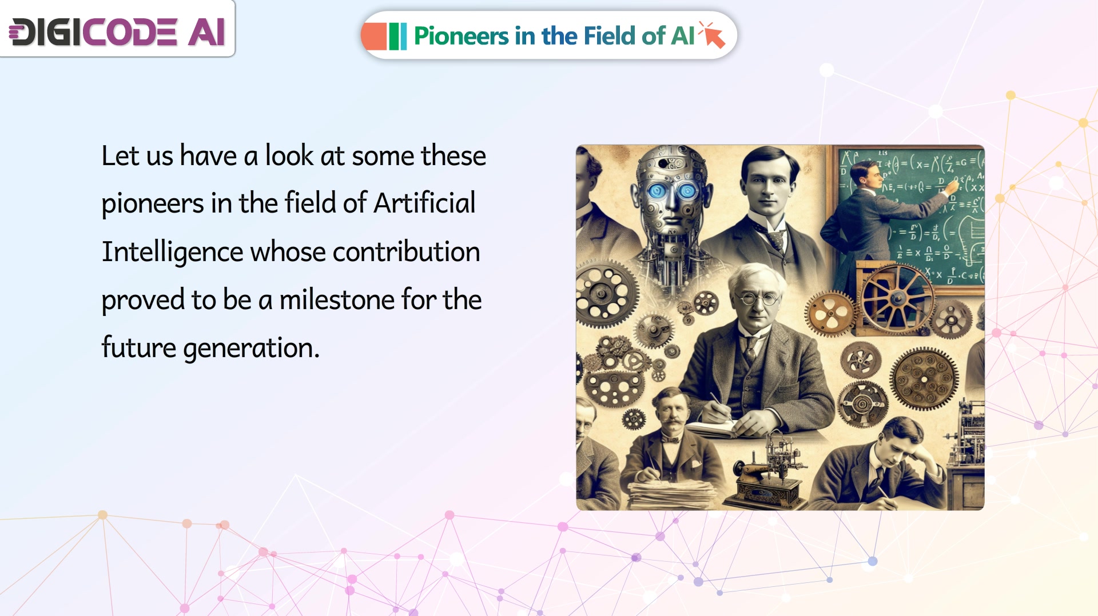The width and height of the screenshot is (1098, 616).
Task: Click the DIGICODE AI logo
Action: pyautogui.click(x=117, y=31)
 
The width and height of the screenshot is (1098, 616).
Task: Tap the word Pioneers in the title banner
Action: pyautogui.click(x=461, y=36)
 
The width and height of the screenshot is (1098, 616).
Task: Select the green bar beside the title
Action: pyautogui.click(x=393, y=36)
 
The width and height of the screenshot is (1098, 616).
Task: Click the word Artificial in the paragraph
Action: pyautogui.click(x=424, y=203)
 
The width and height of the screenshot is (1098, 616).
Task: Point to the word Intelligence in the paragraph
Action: pyautogui.click(x=172, y=253)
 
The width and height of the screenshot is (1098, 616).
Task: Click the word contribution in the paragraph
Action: pyautogui.click(x=406, y=251)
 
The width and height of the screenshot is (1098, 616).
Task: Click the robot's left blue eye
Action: pyautogui.click(x=656, y=190)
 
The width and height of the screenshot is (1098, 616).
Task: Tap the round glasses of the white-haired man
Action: pyautogui.click(x=758, y=298)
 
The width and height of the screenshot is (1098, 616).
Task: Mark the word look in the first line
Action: pyautogui.click(x=289, y=155)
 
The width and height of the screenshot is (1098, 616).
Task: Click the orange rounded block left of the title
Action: pyautogui.click(x=374, y=36)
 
